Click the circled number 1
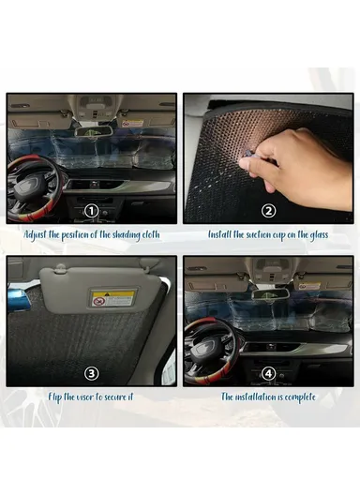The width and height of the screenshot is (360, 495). pyautogui.click(x=91, y=210)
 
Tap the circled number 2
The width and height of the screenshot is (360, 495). pyautogui.click(x=268, y=210)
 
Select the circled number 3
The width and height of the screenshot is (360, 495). pyautogui.click(x=91, y=372)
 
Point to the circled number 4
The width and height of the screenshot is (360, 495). pyautogui.click(x=268, y=372)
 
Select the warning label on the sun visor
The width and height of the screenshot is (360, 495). pyautogui.click(x=112, y=298)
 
